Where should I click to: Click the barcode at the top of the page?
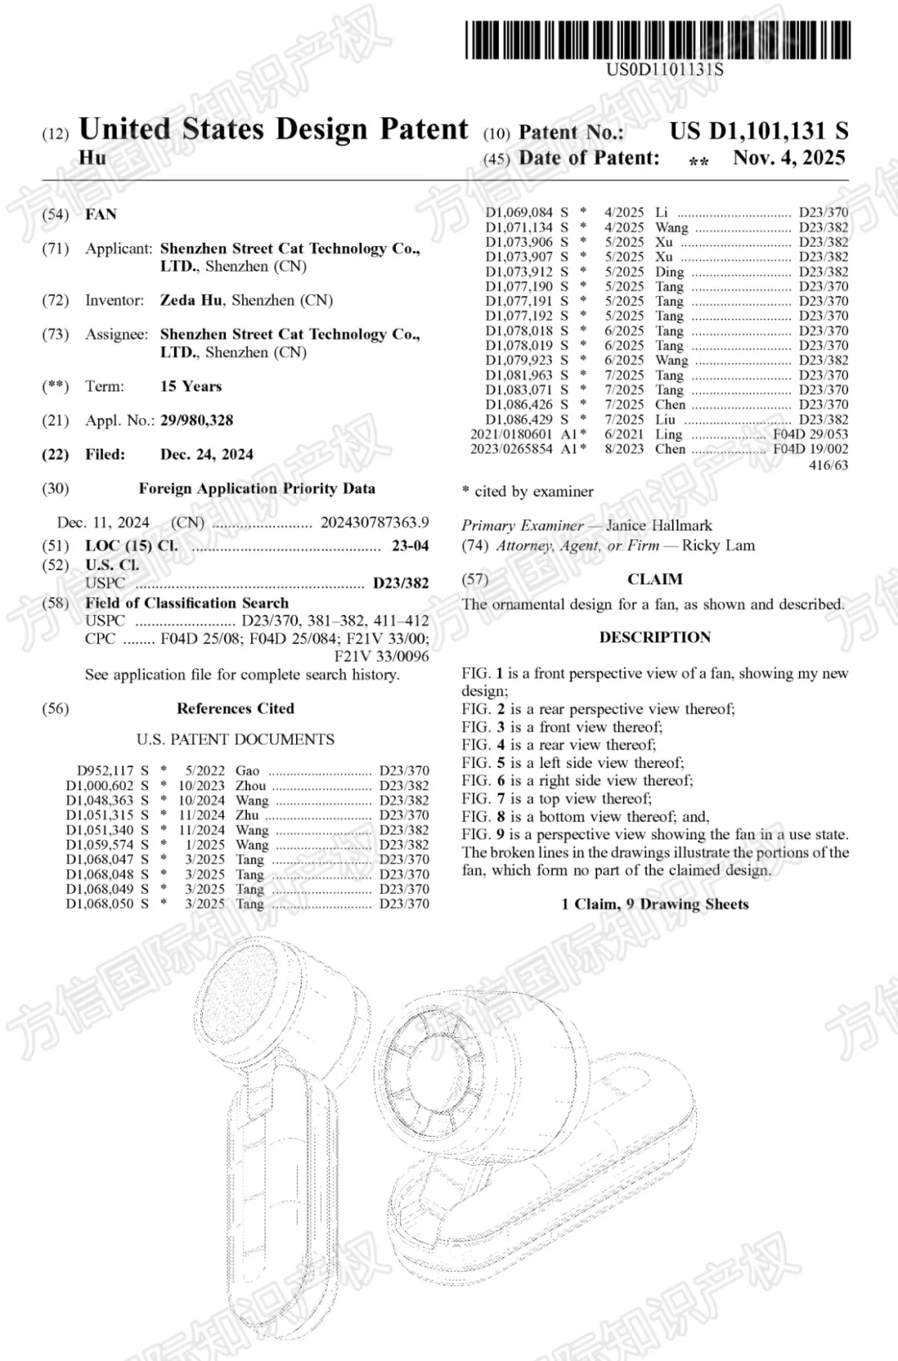click(658, 39)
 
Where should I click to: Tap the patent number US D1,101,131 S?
click(758, 131)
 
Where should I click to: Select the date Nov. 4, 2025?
click(788, 158)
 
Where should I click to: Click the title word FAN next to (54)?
click(101, 214)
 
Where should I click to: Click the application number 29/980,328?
click(196, 420)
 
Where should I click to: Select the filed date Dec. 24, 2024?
click(206, 454)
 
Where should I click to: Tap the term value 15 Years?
click(190, 386)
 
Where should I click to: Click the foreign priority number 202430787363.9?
click(374, 523)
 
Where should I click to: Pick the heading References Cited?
click(235, 709)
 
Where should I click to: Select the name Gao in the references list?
click(247, 771)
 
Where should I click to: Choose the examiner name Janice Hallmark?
click(659, 525)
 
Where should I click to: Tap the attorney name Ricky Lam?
click(718, 546)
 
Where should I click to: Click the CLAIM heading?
click(655, 579)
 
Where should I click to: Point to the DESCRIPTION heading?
click(655, 637)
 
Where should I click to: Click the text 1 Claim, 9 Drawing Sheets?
click(655, 904)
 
